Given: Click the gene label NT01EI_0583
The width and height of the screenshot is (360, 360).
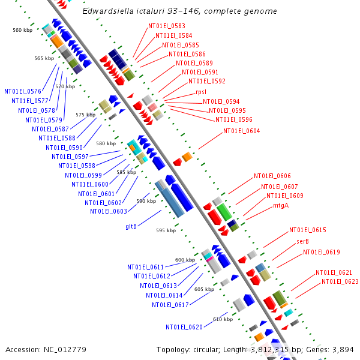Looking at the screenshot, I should [x=167, y=26].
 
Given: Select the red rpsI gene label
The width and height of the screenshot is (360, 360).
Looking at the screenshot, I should [x=201, y=92].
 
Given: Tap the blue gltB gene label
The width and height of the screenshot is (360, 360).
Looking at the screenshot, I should [x=131, y=226].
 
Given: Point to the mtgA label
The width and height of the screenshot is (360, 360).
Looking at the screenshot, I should [x=281, y=205].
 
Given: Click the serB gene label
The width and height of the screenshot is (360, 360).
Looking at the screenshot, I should [x=302, y=241].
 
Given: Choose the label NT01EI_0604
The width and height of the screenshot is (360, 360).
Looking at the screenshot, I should [x=242, y=131].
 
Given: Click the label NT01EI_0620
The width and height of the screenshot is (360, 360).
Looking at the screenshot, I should [x=184, y=327].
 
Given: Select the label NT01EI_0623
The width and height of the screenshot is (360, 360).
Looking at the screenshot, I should [x=340, y=281].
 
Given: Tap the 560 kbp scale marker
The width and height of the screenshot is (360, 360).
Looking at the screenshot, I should [x=22, y=30].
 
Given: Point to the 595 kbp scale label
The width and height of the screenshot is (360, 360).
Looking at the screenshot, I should [x=166, y=230].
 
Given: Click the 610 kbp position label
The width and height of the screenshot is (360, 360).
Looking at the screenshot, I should [x=223, y=319].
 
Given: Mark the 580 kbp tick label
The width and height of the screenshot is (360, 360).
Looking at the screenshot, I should [x=106, y=143].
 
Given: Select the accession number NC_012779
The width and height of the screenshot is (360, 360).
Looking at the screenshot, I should [x=46, y=349].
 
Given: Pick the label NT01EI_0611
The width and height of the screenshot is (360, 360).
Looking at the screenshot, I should [x=145, y=267].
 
